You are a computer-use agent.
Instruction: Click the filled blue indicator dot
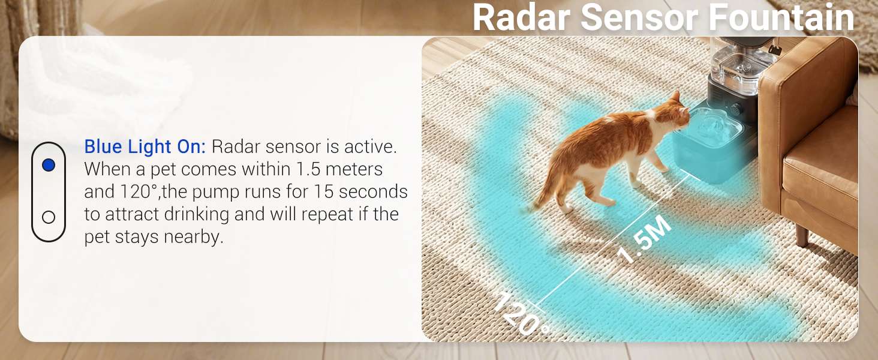pos(49,165)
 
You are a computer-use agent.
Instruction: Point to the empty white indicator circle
pos(49,217)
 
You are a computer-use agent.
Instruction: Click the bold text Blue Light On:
pos(145,147)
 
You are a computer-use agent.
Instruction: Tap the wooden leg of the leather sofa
pos(802,235)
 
